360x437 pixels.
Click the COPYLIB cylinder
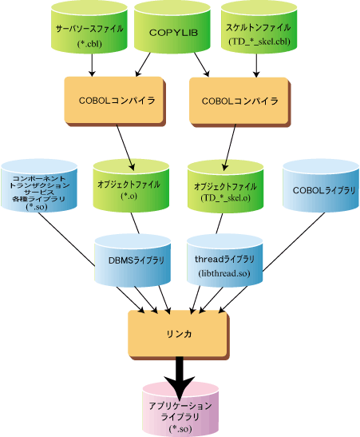coord(172,27)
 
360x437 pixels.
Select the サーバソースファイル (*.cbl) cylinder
coord(89,27)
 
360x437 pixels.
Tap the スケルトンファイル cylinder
coord(259,27)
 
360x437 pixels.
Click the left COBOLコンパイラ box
coord(115,101)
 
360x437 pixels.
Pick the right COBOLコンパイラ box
coord(239,101)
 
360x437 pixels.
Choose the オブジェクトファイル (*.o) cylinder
coord(131,186)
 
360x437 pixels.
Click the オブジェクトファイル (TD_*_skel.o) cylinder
coord(226,186)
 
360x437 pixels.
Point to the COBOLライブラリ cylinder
coord(321,186)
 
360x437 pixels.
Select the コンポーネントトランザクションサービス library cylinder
coord(39,186)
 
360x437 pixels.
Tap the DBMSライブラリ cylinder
coord(133,260)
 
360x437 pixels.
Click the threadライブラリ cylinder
coord(224,260)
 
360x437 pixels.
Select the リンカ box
coord(179,335)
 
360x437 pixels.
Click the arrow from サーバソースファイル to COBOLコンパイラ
coord(92,65)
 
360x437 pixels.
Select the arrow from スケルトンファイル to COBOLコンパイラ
coord(256,66)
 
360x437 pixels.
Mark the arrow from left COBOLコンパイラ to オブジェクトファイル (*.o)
coord(125,148)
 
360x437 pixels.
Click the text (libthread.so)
coord(224,273)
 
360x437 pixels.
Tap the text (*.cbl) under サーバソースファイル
coord(89,44)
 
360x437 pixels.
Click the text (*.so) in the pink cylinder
coord(180,429)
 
